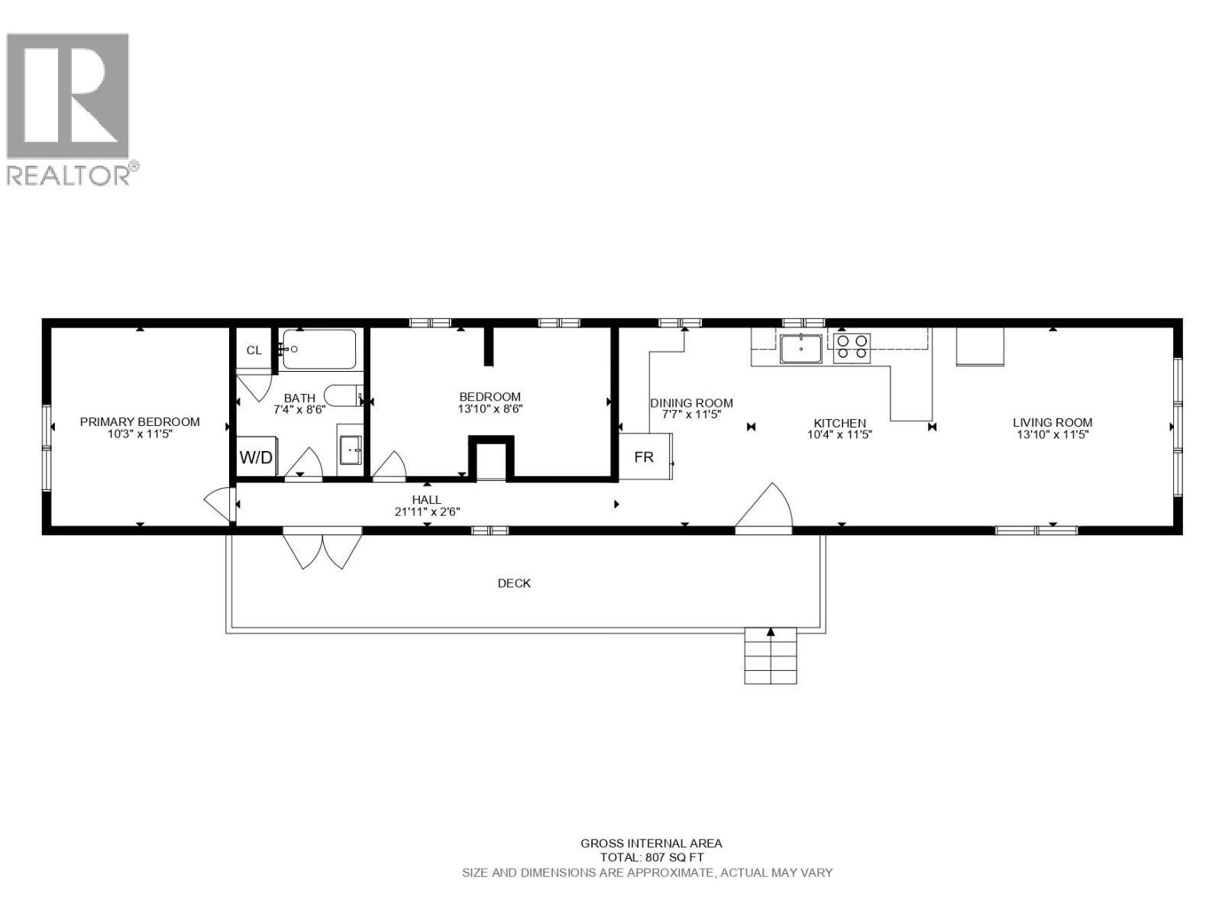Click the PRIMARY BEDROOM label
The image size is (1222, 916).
click(140, 421)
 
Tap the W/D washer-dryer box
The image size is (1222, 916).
click(257, 457)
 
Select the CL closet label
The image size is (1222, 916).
click(254, 350)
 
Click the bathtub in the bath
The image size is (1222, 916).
click(319, 350)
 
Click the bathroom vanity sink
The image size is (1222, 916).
click(351, 450)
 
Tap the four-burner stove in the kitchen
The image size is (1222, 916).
click(852, 348)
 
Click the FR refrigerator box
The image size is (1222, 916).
click(644, 457)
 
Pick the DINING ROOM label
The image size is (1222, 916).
click(691, 403)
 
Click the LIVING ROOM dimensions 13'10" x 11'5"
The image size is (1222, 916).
click(1052, 434)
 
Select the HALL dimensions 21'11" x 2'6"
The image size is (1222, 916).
click(427, 511)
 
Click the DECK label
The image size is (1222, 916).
click(514, 583)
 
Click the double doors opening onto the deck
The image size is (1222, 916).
click(322, 547)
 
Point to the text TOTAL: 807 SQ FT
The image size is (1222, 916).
click(651, 857)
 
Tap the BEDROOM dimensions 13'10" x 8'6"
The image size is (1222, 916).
click(490, 408)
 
